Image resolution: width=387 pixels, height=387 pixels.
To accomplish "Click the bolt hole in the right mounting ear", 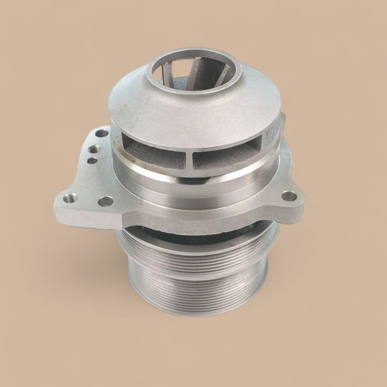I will tap(289, 196).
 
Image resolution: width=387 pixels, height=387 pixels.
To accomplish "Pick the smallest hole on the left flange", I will tap(93, 161).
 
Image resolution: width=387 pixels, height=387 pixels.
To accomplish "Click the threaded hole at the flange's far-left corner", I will tap(70, 197).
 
